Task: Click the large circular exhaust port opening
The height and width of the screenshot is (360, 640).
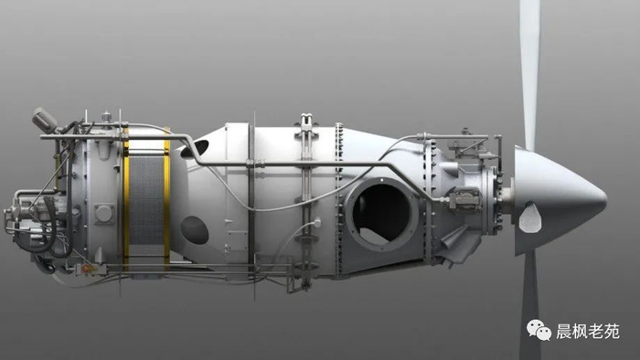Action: coord(381,214)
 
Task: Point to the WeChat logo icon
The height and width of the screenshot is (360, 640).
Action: coord(539,330)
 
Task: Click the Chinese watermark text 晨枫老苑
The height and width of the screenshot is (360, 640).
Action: coord(588,332)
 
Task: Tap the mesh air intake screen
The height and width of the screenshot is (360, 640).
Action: coord(146,200)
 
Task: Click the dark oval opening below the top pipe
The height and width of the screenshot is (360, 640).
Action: coord(195,148)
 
